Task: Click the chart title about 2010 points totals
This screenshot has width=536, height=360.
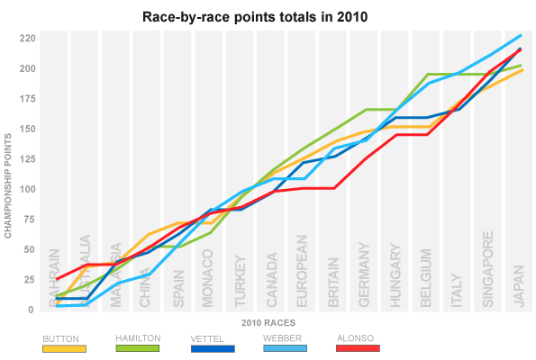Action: coord(268,17)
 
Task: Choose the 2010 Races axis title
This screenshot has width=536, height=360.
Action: coord(268,321)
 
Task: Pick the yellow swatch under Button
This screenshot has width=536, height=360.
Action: coord(64,347)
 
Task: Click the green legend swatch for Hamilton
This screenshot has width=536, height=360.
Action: coord(138,347)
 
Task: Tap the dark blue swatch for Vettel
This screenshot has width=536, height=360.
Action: coord(213,347)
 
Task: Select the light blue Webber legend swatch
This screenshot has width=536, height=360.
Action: coord(288,347)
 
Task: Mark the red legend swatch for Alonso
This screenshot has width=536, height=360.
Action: coord(358,347)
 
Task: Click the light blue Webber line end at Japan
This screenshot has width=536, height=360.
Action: coord(520,36)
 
